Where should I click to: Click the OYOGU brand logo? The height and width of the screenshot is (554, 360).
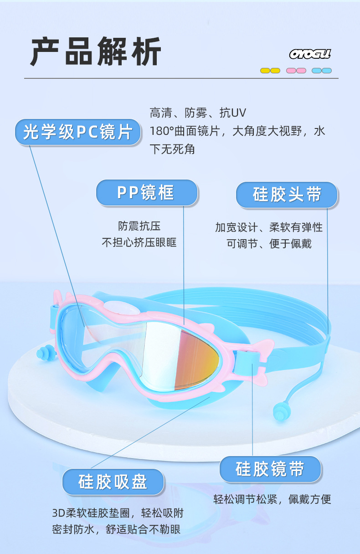click(x=310, y=55)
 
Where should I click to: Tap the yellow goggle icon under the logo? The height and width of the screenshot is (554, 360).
click(x=270, y=71)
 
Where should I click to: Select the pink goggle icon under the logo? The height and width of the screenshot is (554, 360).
click(x=296, y=71)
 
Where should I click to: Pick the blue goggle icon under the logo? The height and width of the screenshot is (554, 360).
click(x=322, y=71)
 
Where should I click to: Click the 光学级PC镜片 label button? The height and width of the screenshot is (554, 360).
click(x=77, y=132)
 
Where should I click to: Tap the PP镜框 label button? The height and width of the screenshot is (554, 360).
click(x=146, y=192)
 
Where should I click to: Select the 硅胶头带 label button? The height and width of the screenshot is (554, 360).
click(x=287, y=195)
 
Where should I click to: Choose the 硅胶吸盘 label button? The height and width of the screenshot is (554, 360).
click(x=113, y=482)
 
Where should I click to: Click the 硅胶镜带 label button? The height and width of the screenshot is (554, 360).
click(x=270, y=469)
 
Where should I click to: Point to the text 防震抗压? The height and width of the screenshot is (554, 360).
click(x=139, y=226)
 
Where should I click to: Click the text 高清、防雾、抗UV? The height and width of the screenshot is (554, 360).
click(x=198, y=113)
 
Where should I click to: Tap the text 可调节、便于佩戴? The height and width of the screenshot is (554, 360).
click(x=269, y=243)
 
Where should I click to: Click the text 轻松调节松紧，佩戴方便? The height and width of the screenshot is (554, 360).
click(x=272, y=499)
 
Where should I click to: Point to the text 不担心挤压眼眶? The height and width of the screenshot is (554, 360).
click(x=139, y=242)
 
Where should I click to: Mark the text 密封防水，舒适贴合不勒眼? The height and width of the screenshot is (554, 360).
click(x=116, y=529)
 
